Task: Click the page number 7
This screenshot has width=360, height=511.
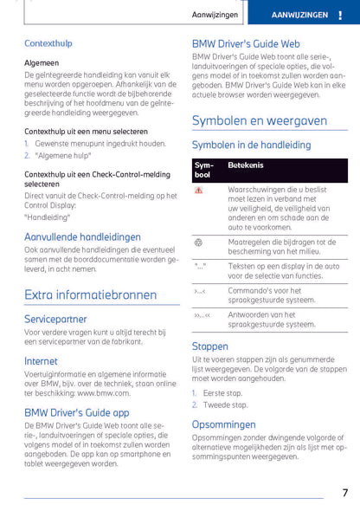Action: (344, 493)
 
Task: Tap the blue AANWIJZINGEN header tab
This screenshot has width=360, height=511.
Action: (299, 15)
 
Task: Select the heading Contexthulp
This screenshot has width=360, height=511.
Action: (48, 42)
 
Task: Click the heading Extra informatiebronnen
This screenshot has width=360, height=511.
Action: (91, 294)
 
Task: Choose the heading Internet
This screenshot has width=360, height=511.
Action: (41, 360)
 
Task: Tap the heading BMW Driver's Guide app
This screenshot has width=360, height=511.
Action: (77, 412)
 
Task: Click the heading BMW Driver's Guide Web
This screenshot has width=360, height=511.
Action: (246, 42)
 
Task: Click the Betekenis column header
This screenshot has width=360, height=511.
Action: (246, 165)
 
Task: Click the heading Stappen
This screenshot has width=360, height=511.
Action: (210, 346)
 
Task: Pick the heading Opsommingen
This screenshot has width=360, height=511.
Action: (223, 424)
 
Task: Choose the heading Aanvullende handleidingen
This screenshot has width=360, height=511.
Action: (83, 236)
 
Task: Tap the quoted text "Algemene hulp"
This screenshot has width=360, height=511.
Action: (65, 154)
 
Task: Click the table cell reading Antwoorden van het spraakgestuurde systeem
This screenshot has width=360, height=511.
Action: (270, 320)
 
